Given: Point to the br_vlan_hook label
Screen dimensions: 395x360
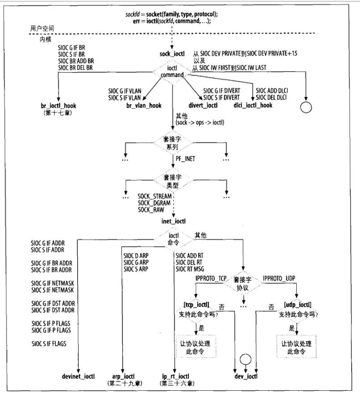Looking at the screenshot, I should (144, 106).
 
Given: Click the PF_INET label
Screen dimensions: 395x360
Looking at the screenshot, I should (186, 159).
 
